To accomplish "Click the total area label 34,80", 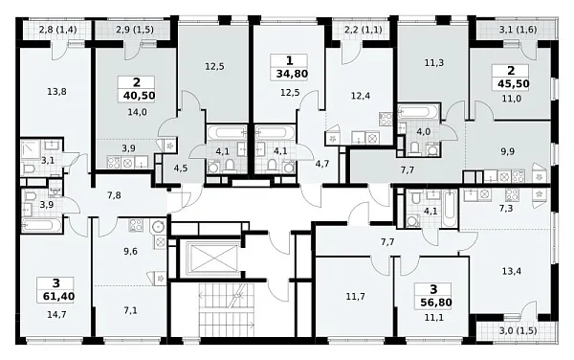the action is click(292, 74).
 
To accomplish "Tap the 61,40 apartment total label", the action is click(58, 296).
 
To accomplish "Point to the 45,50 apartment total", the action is click(513, 84).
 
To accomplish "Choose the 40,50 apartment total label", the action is click(139, 96).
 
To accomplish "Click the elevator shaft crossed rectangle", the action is click(212, 259).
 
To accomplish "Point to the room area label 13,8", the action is click(56, 92).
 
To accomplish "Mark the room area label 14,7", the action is click(56, 314).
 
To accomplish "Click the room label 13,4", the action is click(512, 271).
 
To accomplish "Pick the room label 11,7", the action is click(356, 296).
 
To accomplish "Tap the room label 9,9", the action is click(507, 151).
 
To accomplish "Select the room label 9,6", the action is click(130, 251).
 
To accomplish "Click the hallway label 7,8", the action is click(114, 195).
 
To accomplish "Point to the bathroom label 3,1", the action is click(47, 160).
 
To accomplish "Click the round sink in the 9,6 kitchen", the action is click(159, 227).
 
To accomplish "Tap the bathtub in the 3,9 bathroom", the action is click(42, 225).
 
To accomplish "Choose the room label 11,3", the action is click(434, 63).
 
